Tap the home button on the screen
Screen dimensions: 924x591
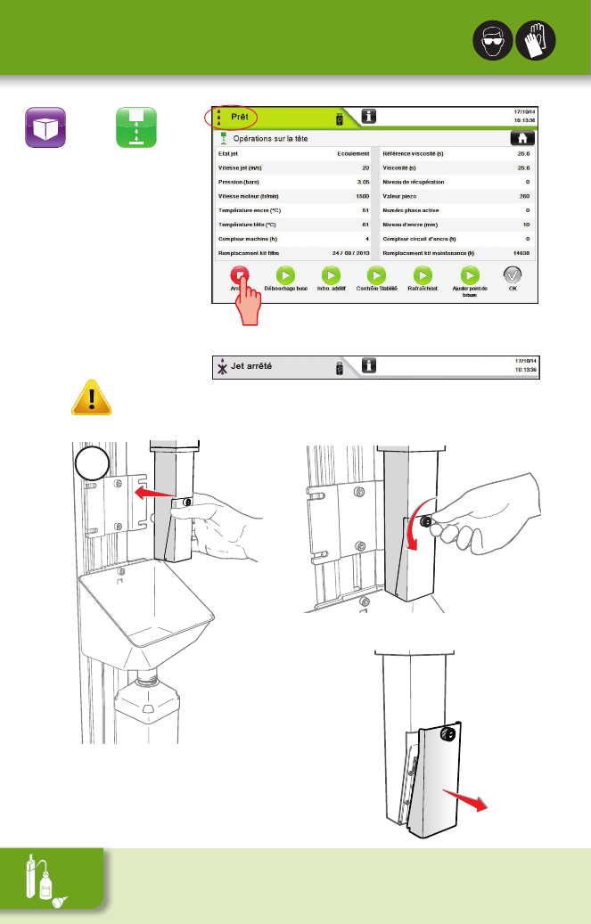pos(521,138)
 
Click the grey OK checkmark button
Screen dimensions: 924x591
pos(513,275)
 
